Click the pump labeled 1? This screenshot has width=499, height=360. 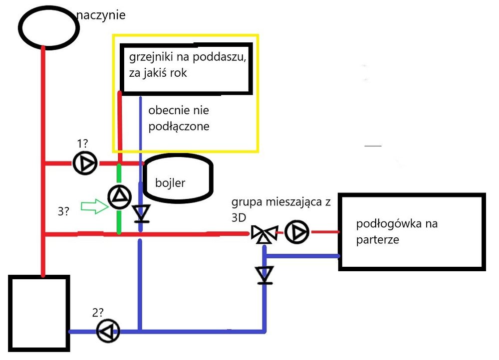[x=84, y=163]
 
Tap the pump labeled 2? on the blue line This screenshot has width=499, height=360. [x=108, y=331]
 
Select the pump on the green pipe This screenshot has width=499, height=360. [x=119, y=197]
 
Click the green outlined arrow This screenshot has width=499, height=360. [x=95, y=206]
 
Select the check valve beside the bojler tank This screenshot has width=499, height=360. [x=141, y=213]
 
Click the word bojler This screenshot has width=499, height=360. [x=170, y=183]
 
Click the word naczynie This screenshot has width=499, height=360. [x=101, y=14]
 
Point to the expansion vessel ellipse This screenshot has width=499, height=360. [x=49, y=27]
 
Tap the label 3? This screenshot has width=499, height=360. [x=63, y=211]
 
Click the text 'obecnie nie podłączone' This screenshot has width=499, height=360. [x=179, y=118]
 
